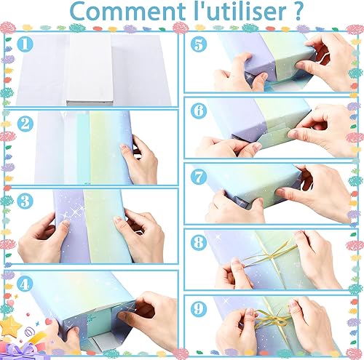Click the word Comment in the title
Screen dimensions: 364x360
click(x=127, y=12)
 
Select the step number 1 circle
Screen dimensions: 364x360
click(x=25, y=44)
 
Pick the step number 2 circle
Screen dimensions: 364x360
click(x=25, y=124)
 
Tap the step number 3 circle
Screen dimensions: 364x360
click(x=25, y=201)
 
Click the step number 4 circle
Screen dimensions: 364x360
click(x=25, y=284)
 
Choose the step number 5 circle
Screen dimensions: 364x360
click(x=199, y=44)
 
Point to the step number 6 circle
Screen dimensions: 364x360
click(x=199, y=111)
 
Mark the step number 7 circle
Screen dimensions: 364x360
click(x=199, y=177)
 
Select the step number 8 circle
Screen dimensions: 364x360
click(x=199, y=243)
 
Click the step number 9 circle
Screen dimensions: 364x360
click(x=199, y=308)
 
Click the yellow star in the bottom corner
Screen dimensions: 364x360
click(x=10, y=326)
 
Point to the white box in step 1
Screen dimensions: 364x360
click(x=90, y=70)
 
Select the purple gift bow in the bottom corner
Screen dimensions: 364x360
click(x=20, y=351)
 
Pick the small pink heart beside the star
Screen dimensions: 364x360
click(x=48, y=321)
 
